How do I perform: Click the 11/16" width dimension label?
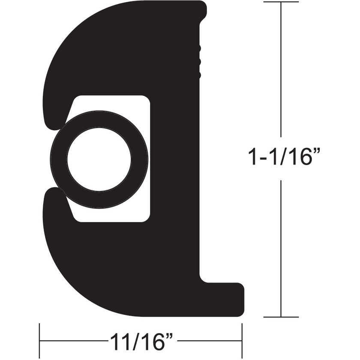point(141,342)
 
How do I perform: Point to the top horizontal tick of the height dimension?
point(281,2)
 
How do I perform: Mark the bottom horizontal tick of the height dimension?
point(281,317)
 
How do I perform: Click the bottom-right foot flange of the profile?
point(227,296)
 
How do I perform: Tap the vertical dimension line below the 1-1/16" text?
point(281,249)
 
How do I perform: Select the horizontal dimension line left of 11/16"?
point(73,342)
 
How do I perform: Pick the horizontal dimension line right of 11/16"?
point(210,342)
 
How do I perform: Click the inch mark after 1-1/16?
point(318,153)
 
